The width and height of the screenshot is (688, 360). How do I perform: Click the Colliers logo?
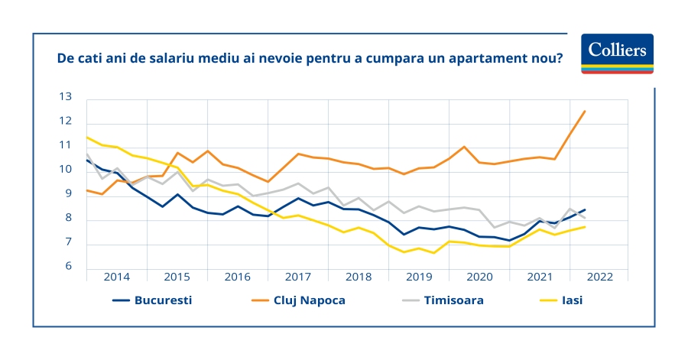pyautogui.click(x=617, y=53)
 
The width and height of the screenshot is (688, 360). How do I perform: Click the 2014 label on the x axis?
pyautogui.click(x=117, y=277)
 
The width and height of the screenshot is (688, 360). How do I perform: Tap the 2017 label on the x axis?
pyautogui.click(x=297, y=277)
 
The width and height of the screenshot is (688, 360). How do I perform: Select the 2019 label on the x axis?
pyautogui.click(x=419, y=277)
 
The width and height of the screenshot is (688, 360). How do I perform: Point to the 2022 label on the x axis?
pyautogui.click(x=599, y=277)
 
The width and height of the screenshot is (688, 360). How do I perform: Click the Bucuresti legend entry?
pyautogui.click(x=153, y=300)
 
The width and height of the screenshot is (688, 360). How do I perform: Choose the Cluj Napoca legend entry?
pyautogui.click(x=298, y=300)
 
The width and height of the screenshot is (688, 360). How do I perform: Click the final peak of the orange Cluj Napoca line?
pyautogui.click(x=585, y=112)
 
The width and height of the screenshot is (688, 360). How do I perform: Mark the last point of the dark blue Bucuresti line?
pyautogui.click(x=585, y=209)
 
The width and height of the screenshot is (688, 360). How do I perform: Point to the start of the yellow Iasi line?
pyautogui.click(x=87, y=138)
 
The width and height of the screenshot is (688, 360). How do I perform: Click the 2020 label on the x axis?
pyautogui.click(x=479, y=277)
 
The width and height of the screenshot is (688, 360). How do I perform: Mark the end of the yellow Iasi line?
pyautogui.click(x=585, y=227)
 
